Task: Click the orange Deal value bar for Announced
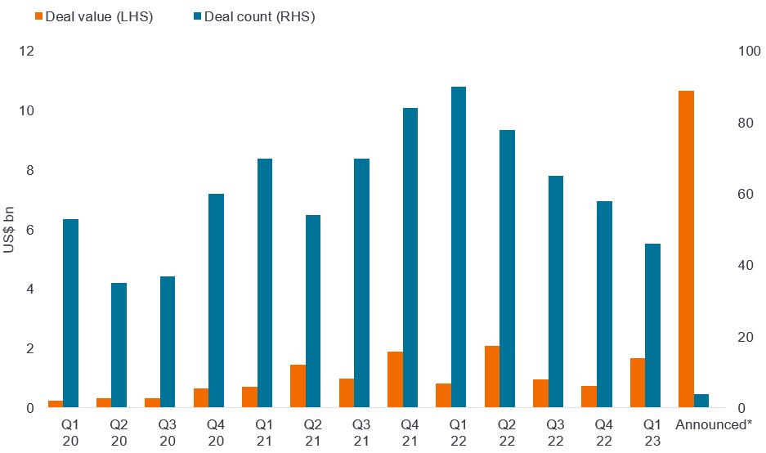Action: [686, 249]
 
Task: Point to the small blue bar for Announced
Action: [701, 401]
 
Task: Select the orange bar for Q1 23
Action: [638, 383]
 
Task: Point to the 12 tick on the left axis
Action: [28, 52]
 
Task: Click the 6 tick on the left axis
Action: [30, 230]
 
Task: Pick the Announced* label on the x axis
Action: [713, 424]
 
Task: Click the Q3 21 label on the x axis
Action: [361, 433]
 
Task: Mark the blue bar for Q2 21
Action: [313, 312]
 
